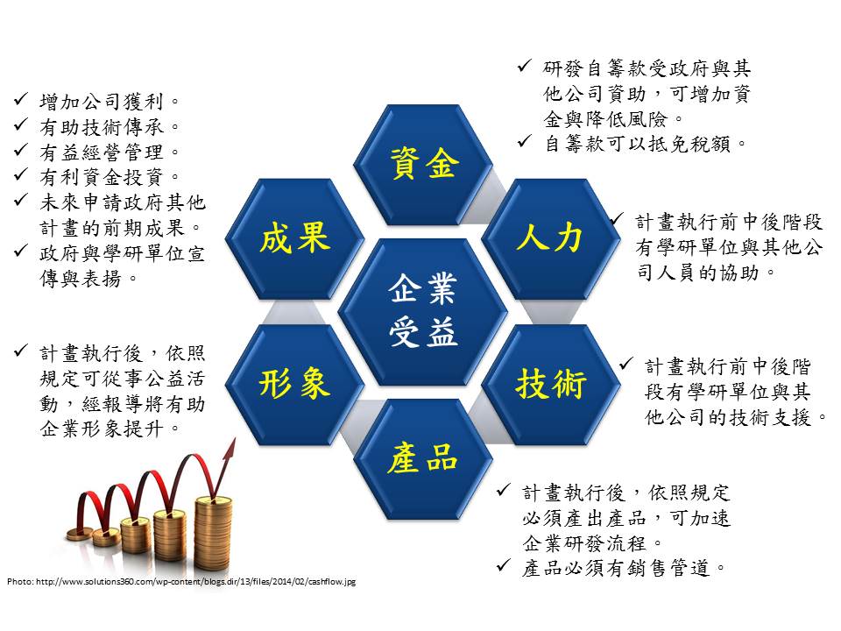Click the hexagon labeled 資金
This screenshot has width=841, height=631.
[x=423, y=164]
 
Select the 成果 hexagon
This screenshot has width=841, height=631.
[x=294, y=238]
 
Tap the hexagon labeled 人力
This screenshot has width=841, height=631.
[x=551, y=238]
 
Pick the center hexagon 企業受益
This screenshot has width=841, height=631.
[x=423, y=312]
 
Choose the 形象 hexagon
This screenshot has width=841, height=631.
[x=294, y=384]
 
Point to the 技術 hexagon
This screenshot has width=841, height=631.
[x=551, y=384]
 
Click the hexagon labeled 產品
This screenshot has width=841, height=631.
[x=423, y=458]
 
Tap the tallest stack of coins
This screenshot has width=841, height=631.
[x=213, y=531]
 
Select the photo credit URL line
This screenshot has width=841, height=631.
[x=181, y=581]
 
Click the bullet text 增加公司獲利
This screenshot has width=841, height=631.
[x=110, y=101]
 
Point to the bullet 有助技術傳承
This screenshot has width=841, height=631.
[x=110, y=126]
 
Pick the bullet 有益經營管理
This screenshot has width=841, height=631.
[x=110, y=152]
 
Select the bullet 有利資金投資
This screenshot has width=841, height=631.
[x=110, y=176]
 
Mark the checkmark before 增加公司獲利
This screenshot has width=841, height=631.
[x=21, y=99]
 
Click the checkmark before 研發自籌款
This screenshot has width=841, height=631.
[x=525, y=66]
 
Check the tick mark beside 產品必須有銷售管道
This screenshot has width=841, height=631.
[x=504, y=565]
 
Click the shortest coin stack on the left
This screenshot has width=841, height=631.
[x=80, y=534]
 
